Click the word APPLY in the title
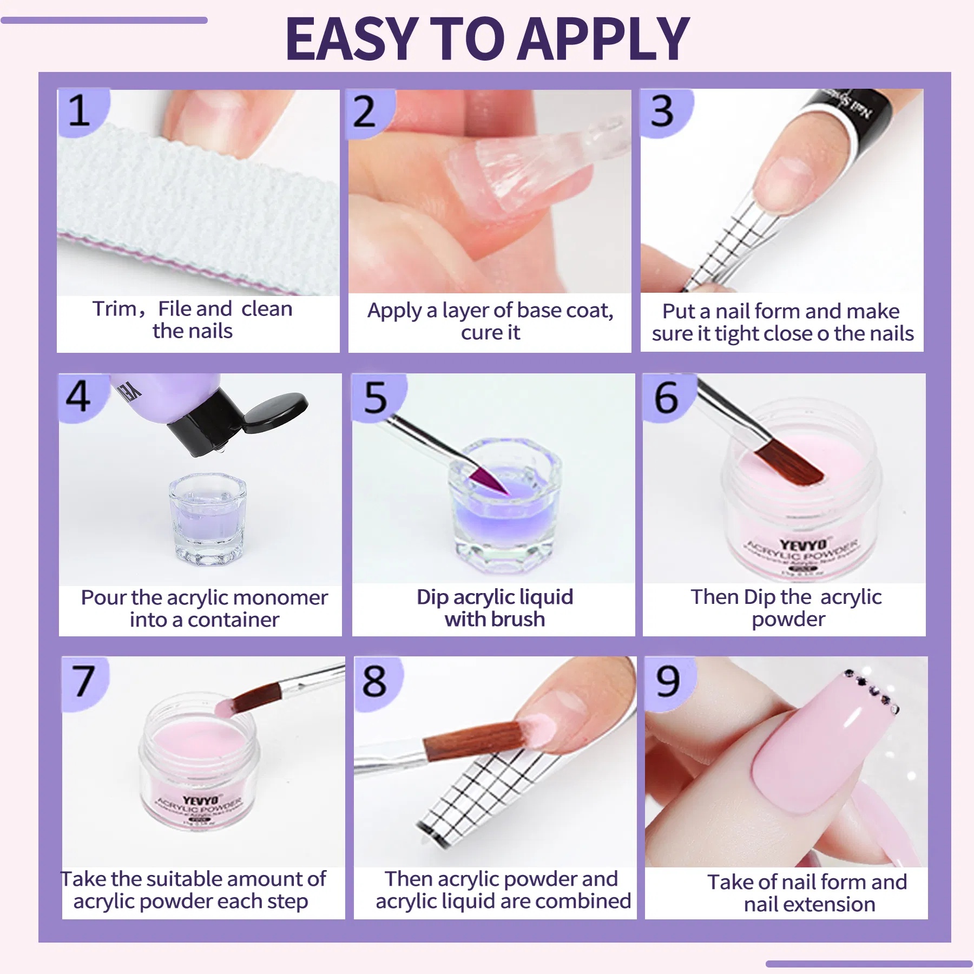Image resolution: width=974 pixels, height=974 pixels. coord(602,39)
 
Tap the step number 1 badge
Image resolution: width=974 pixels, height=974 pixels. coord(80,111)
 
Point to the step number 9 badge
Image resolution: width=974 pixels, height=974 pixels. coord(668,681)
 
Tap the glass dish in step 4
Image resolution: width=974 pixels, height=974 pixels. coord(207,517)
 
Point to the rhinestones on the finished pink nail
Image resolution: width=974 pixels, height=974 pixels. coord(872,690)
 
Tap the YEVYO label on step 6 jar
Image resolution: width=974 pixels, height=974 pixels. coord(804,544)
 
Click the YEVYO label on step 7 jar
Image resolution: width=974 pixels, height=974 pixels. coord(200,800)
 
